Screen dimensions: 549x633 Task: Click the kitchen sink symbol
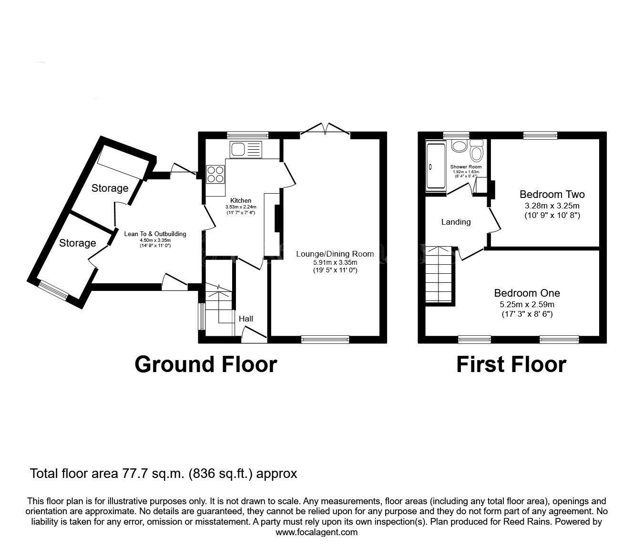[x=245, y=149]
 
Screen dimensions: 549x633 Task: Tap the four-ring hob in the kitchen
[x=215, y=174]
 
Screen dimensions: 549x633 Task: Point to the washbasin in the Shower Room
[x=459, y=146]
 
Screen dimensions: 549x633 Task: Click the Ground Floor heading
[x=205, y=364]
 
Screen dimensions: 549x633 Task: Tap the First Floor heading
[x=511, y=364]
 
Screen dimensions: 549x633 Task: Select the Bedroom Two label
[x=552, y=195]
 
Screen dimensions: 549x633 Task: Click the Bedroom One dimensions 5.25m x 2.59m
[x=527, y=304]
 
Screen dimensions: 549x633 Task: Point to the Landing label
[x=456, y=222]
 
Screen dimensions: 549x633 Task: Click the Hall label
[x=246, y=319]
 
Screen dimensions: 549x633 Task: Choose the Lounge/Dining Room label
[x=335, y=254]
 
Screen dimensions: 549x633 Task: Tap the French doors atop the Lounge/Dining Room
[x=325, y=129]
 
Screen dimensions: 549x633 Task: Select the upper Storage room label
[x=110, y=188]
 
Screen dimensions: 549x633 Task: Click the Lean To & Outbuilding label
[x=155, y=234]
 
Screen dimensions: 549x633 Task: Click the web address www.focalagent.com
[x=316, y=532]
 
